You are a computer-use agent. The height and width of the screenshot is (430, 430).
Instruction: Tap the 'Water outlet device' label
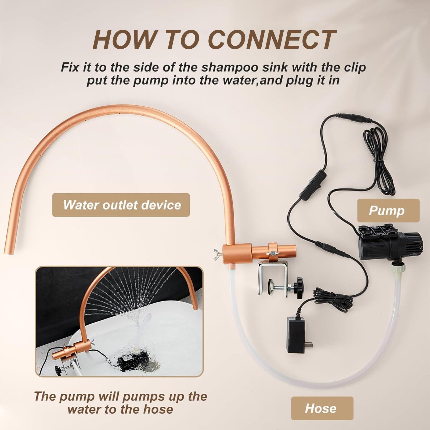121,205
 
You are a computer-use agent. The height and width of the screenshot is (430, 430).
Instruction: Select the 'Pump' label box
388,210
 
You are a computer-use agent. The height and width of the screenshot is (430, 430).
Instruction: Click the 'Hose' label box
322,408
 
